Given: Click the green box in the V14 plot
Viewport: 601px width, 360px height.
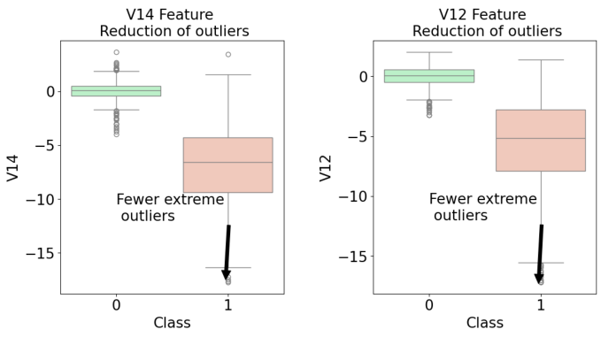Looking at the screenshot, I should point(116,90).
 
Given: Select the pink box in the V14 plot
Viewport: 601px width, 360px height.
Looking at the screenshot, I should point(227,165).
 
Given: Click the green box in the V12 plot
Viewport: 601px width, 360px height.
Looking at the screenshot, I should point(428,76).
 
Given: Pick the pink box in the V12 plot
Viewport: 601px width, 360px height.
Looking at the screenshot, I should point(541,140).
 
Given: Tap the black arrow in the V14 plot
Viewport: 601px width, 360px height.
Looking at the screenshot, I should point(227,252).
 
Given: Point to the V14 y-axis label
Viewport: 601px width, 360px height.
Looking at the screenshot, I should point(13,167).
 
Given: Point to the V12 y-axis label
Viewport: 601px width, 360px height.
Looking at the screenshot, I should point(327,167).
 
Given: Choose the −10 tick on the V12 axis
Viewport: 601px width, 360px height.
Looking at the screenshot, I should point(354,196).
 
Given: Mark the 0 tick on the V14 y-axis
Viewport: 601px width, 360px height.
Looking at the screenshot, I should point(50,91).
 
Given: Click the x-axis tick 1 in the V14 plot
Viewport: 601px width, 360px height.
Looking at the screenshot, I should point(227,305).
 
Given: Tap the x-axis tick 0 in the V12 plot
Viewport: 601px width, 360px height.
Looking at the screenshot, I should point(428,305).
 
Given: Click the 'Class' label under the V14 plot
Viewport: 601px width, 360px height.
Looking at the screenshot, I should point(172,324).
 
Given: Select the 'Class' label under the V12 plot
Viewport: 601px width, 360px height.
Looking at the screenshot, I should point(485,324).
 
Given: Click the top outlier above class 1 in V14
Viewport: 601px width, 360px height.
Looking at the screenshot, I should point(228,54).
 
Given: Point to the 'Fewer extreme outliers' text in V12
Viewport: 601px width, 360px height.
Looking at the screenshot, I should point(482,207).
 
